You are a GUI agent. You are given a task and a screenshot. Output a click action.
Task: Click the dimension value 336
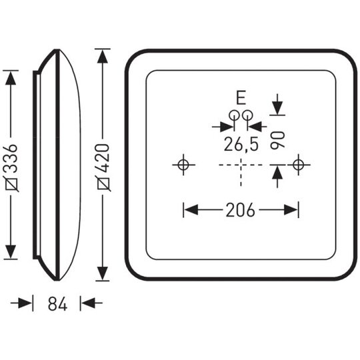point(11,159)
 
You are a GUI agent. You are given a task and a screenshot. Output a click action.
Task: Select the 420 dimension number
point(103,158)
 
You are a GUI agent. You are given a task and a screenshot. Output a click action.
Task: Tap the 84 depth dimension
point(57,303)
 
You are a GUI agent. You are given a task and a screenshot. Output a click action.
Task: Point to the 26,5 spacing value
point(241,145)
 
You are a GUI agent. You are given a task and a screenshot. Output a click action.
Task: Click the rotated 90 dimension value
point(277,140)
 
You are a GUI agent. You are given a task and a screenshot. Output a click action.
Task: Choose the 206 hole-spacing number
point(241,210)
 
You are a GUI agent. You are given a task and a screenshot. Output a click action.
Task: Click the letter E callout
point(241,98)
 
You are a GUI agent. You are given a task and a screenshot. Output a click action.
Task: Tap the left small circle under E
point(234,115)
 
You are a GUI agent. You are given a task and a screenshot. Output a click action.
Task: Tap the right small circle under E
point(247,115)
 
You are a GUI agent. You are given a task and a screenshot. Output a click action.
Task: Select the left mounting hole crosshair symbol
point(183,165)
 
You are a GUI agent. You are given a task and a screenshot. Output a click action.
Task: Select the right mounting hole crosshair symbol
point(299,165)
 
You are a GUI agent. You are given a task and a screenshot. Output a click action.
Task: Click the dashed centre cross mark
point(241,165)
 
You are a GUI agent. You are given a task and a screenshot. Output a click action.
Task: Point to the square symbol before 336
point(12,184)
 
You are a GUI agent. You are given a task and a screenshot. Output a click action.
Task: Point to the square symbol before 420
point(104,184)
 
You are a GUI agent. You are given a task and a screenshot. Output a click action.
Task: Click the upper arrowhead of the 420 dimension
point(103,57)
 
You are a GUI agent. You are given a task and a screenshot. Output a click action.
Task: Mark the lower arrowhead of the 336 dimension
point(11,252)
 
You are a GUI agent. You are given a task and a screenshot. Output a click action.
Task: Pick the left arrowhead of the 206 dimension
point(191,209)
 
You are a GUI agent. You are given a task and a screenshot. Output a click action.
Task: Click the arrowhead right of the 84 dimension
point(88,303)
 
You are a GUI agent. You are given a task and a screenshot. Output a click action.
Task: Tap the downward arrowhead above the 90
point(277,107)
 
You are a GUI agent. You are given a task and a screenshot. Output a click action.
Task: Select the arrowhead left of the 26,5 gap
point(227,127)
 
